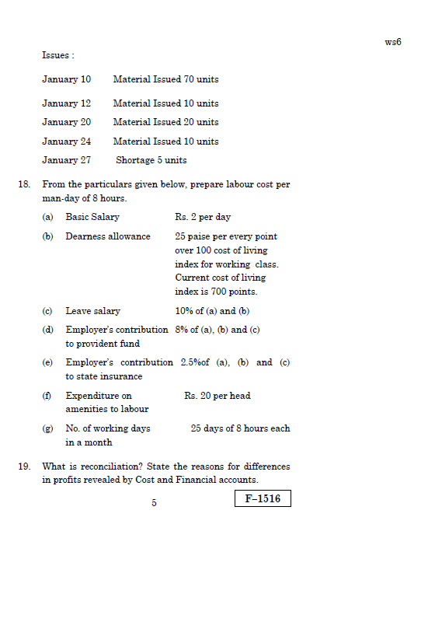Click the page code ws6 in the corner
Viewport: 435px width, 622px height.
pyautogui.click(x=392, y=42)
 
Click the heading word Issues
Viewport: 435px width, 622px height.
pyautogui.click(x=57, y=56)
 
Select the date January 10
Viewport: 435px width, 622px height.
pyautogui.click(x=66, y=79)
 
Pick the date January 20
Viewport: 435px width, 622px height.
pyautogui.click(x=66, y=122)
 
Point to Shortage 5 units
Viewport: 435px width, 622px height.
pyautogui.click(x=151, y=160)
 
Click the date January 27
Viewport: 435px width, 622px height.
pyautogui.click(x=66, y=160)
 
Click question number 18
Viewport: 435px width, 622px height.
pyautogui.click(x=24, y=185)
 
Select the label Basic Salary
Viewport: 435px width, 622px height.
pyautogui.click(x=92, y=217)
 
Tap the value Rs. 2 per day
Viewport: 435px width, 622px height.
pyautogui.click(x=203, y=217)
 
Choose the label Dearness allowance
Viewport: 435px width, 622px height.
pyautogui.click(x=108, y=236)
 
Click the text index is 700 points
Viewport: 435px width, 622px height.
pyautogui.click(x=216, y=292)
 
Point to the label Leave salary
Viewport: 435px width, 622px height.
pyautogui.click(x=92, y=311)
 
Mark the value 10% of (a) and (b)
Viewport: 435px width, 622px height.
pyautogui.click(x=212, y=311)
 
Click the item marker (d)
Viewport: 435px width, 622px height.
pyautogui.click(x=47, y=330)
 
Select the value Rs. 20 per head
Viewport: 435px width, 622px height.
pyautogui.click(x=217, y=396)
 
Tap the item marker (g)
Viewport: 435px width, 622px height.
pyautogui.click(x=47, y=428)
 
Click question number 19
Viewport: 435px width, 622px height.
pyautogui.click(x=24, y=466)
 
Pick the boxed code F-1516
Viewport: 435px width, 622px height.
pyautogui.click(x=263, y=498)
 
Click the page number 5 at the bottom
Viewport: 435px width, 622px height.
pyautogui.click(x=154, y=503)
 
